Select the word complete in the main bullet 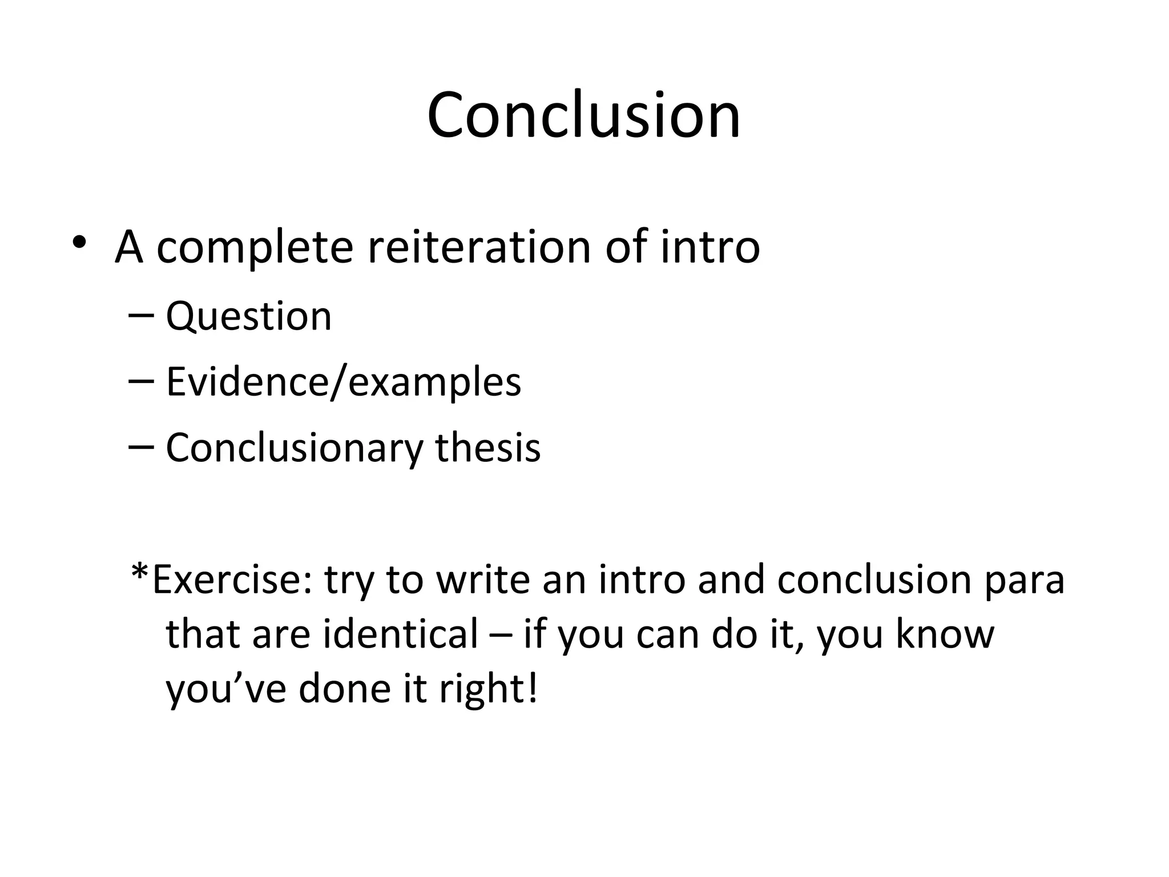[255, 249]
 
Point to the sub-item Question [248, 316]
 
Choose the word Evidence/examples [343, 382]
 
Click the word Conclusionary [294, 448]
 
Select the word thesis [487, 447]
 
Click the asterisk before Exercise [140, 573]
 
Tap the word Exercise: [232, 580]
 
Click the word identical [400, 634]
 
